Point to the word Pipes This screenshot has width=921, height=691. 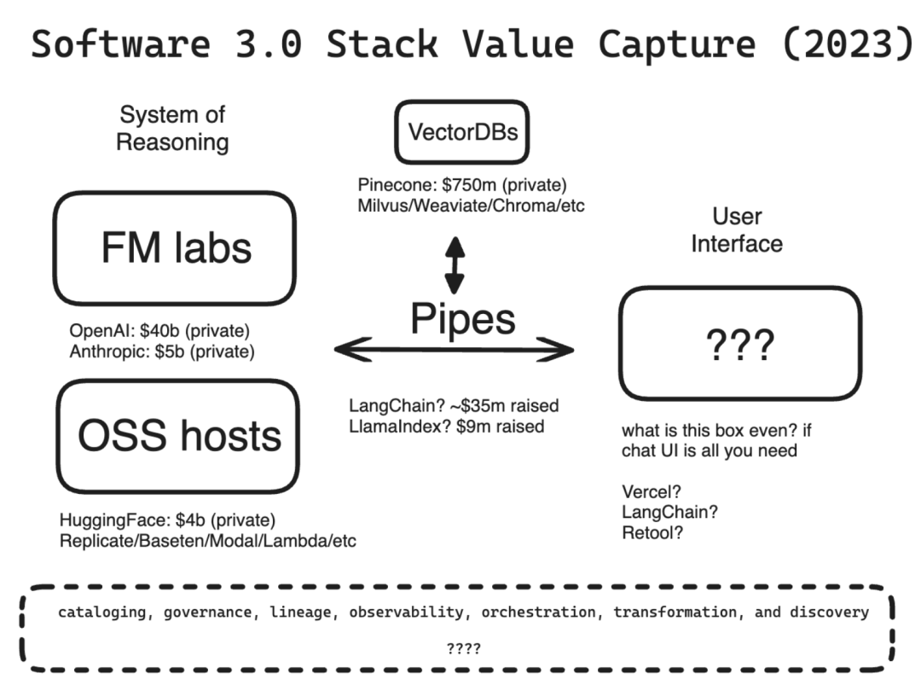pos(463,320)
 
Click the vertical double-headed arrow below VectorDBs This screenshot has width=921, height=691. pos(455,265)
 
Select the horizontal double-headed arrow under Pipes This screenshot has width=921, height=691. pos(454,350)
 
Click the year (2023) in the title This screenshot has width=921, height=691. pos(848,44)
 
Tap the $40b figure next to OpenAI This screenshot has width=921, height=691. pos(159,331)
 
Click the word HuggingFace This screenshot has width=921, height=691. pos(114,520)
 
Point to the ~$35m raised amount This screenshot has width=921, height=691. pos(505,405)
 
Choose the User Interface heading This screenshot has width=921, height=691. pos(737,229)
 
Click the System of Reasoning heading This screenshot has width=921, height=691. pos(172,128)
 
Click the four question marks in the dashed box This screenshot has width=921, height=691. pos(463,648)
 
